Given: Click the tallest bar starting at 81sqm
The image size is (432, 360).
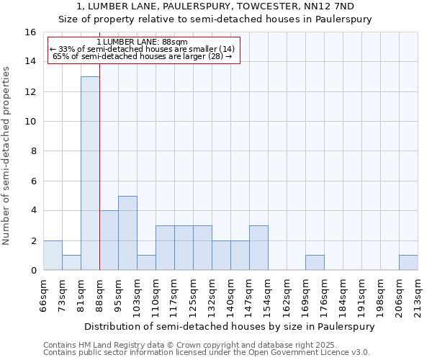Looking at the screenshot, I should click(x=90, y=173).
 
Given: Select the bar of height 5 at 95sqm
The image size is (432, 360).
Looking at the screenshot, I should click(x=127, y=233).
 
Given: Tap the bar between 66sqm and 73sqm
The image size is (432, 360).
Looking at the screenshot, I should click(x=53, y=256).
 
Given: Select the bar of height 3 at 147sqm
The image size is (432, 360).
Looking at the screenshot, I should click(x=258, y=248).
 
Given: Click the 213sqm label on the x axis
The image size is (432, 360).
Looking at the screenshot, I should click(x=418, y=296).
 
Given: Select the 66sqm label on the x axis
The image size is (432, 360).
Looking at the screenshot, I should click(x=44, y=296).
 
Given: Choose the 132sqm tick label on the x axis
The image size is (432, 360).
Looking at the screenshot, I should click(x=212, y=296).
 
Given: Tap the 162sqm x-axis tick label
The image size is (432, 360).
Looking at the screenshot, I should click(x=287, y=296).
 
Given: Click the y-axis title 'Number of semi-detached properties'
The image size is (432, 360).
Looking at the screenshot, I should click(x=7, y=156).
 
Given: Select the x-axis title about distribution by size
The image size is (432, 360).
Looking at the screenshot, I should click(x=229, y=326).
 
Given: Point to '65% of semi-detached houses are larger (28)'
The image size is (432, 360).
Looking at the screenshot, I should click(x=142, y=56).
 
